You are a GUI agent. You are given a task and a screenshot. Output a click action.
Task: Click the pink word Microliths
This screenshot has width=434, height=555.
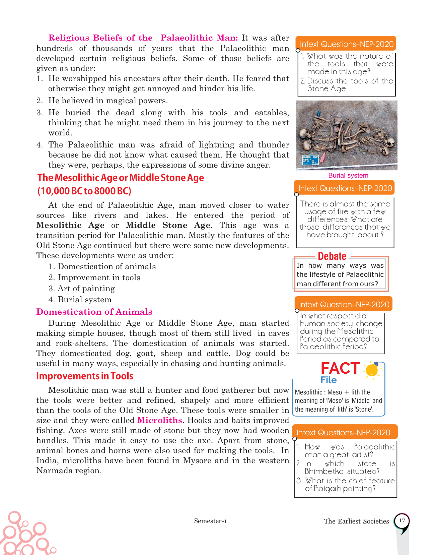(x=159, y=420)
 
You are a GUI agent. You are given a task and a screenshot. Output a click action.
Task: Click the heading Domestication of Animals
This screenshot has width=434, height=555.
(x=94, y=312)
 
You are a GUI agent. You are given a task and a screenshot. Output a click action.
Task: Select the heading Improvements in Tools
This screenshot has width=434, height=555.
(x=85, y=376)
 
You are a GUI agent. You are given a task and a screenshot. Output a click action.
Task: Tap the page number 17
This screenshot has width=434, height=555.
(x=402, y=521)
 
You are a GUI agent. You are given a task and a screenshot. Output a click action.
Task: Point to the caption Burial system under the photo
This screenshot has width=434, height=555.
(x=348, y=175)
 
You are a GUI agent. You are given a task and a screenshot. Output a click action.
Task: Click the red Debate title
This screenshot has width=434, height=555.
(x=332, y=256)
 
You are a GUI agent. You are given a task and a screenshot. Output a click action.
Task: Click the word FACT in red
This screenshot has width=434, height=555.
(x=340, y=368)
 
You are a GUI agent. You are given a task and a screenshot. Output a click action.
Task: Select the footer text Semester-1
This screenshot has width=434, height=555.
(x=210, y=521)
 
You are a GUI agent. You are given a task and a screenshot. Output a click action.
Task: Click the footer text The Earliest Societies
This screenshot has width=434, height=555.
(x=356, y=521)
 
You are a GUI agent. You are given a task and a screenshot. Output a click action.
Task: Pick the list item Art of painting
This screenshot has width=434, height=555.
(x=86, y=289)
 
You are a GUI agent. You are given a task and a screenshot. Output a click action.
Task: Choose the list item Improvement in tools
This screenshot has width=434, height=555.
(x=99, y=277)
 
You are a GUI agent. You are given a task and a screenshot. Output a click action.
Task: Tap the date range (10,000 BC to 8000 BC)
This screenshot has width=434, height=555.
(x=84, y=191)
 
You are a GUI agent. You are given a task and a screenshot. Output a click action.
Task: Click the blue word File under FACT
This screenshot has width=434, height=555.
(x=329, y=380)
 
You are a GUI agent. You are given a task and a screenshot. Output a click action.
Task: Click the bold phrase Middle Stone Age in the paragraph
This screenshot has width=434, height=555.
(x=168, y=225)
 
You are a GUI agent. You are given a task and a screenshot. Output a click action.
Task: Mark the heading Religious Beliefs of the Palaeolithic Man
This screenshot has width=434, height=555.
(x=143, y=38)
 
